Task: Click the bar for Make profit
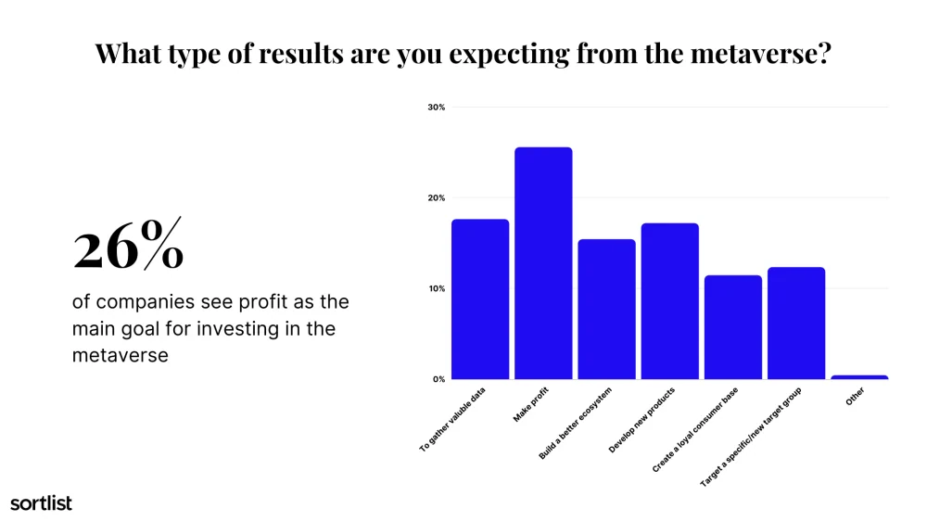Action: [x=543, y=263]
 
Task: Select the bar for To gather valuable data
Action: [x=480, y=299]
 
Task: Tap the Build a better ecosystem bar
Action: [x=606, y=310]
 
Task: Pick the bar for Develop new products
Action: [x=670, y=301]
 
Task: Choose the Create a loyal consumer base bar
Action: [x=733, y=327]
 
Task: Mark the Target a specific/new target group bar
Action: [x=796, y=323]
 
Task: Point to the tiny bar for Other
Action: [x=859, y=377]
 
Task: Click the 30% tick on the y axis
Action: [x=437, y=107]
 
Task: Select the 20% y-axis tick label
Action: [x=437, y=198]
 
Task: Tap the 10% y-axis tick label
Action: [x=437, y=288]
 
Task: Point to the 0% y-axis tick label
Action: [x=438, y=379]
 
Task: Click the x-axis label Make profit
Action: [x=531, y=404]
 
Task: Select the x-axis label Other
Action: [x=855, y=396]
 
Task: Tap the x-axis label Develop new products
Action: [x=641, y=421]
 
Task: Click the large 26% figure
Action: [x=128, y=245]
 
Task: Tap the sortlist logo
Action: [x=42, y=502]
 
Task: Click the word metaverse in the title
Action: [x=760, y=53]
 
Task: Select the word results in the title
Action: [x=301, y=53]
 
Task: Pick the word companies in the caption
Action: [x=146, y=302]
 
